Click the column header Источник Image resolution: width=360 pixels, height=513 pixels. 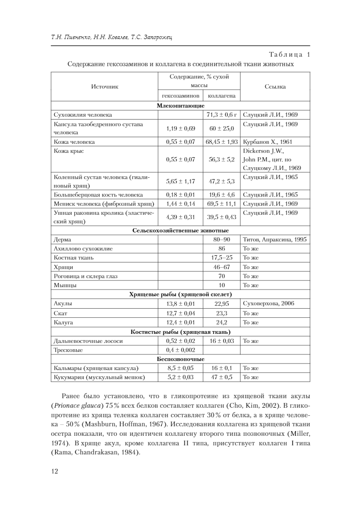[104, 86]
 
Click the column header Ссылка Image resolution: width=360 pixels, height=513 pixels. [275, 86]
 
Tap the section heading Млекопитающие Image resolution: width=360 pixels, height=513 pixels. [180, 105]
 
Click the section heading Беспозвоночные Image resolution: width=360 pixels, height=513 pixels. [180, 359]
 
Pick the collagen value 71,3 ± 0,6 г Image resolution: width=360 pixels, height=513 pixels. [221, 115]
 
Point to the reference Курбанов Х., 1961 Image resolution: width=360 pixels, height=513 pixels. [267, 142]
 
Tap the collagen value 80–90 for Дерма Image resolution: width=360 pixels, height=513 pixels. [221, 240]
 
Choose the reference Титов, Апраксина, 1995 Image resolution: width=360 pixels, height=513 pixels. [275, 240]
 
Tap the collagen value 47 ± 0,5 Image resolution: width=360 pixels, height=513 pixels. [221, 377]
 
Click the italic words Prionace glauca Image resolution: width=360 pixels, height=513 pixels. [73, 405]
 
